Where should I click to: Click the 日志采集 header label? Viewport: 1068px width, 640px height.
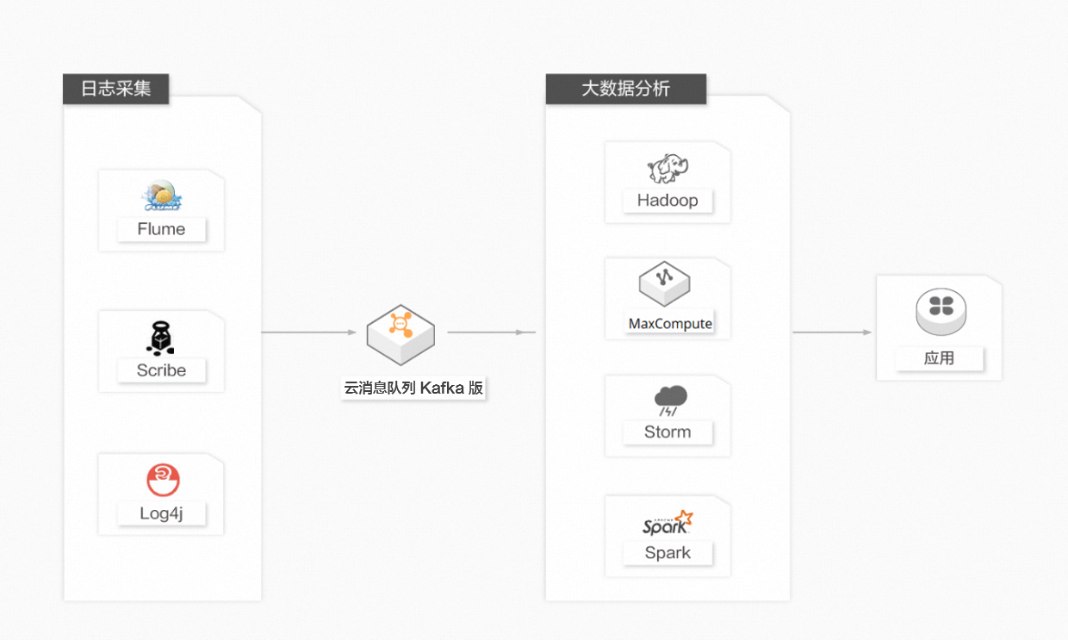pos(116,89)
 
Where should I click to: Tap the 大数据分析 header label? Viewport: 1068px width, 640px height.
pos(625,89)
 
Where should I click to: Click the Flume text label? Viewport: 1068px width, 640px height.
pos(161,229)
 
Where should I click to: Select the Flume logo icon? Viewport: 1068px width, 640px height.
pos(163,196)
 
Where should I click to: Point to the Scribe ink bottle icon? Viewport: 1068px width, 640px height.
pos(161,339)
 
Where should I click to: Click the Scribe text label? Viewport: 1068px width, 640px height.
pos(161,370)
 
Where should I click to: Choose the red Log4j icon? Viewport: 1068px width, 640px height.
pos(163,480)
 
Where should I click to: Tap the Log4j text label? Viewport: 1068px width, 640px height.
pos(161,513)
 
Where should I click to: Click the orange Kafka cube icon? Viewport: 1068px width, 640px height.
pos(400,335)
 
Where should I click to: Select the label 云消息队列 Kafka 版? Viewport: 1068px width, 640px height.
pos(413,388)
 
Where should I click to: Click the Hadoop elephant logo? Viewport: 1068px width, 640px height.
pos(667,168)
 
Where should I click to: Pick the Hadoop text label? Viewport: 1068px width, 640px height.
pos(667,201)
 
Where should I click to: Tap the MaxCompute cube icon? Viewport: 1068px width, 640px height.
pos(664,283)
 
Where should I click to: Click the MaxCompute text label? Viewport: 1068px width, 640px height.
pos(670,324)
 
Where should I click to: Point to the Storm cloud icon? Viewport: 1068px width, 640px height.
pos(670,401)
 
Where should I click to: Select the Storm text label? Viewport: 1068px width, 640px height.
pos(667,432)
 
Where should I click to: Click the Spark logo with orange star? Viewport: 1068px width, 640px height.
pos(667,523)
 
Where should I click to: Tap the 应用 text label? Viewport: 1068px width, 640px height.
pos(939,358)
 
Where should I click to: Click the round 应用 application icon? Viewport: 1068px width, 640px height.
pos(941,312)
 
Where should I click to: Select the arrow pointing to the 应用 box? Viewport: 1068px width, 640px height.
pos(832,332)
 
